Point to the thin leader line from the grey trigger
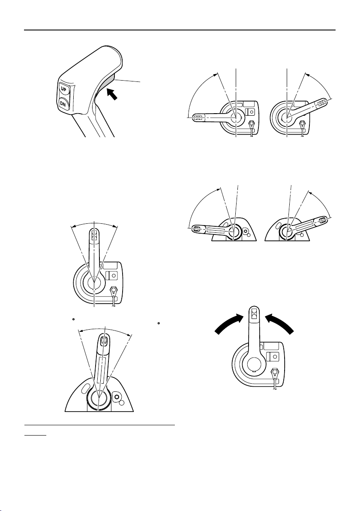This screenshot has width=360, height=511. (129, 80)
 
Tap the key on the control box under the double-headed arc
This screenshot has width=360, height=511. (114, 293)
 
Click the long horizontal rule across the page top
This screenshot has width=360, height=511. (180, 30)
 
